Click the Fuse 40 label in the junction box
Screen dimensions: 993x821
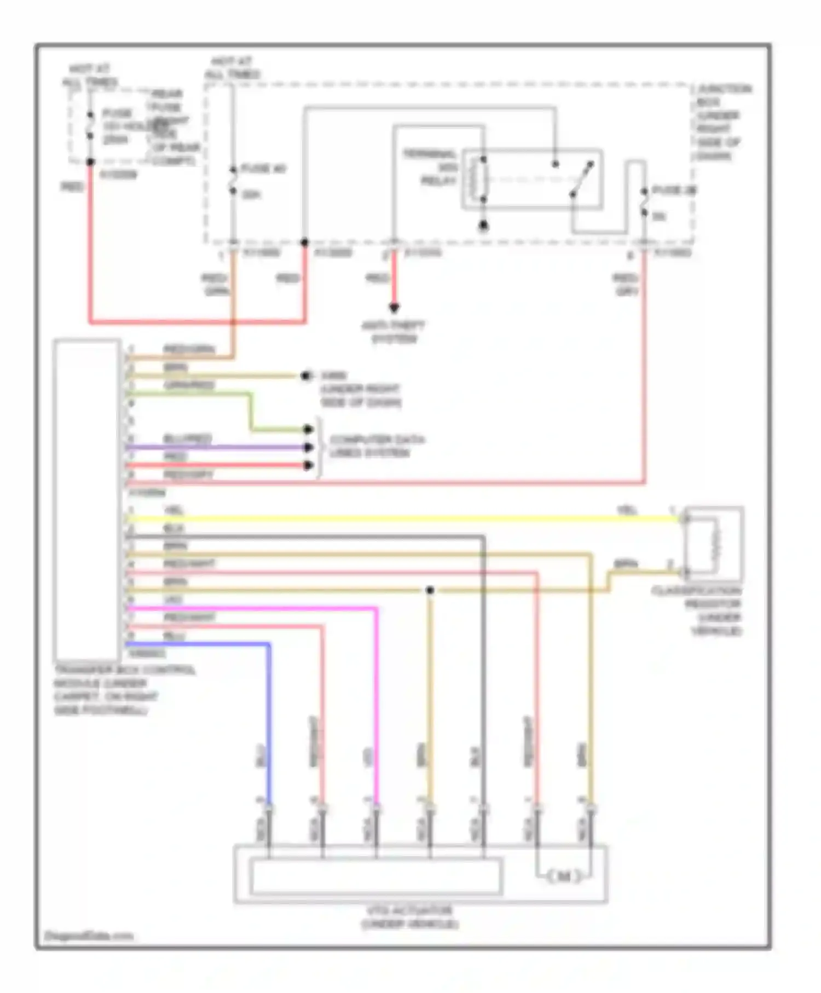pos(263,169)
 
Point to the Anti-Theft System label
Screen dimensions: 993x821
pos(394,332)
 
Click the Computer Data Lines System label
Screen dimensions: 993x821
pos(377,446)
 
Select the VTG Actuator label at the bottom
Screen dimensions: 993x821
pos(409,917)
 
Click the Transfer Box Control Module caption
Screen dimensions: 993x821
pos(124,690)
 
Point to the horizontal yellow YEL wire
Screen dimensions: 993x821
pos(383,519)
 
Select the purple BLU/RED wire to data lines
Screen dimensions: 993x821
pos(219,447)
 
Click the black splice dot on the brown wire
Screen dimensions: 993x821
pos(430,590)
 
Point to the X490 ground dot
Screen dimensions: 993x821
pos(305,376)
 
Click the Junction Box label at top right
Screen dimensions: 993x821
pos(722,122)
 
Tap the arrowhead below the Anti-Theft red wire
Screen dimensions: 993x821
pos(394,308)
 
